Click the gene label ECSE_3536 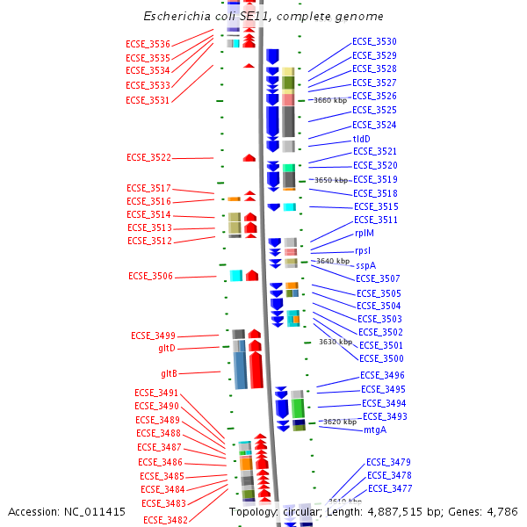(x=148, y=43)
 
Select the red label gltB (x=170, y=373)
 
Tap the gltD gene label (x=167, y=348)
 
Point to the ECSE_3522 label (x=148, y=157)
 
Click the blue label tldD (x=362, y=139)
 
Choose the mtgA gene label (x=375, y=430)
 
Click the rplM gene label (x=365, y=234)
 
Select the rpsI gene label (x=363, y=250)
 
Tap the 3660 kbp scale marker (x=330, y=100)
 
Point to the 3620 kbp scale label (x=340, y=422)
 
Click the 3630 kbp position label (x=336, y=342)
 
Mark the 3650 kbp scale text (x=331, y=180)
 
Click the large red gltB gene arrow (x=256, y=369)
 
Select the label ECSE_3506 (x=151, y=276)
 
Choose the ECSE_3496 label (x=383, y=375)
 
